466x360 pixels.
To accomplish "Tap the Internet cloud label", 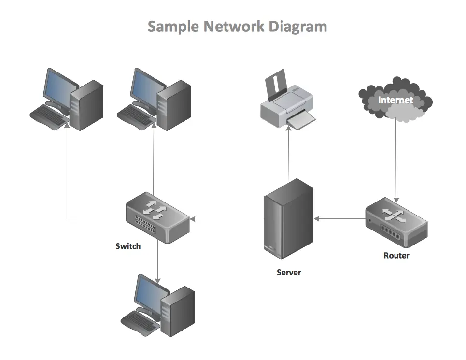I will click(x=395, y=100).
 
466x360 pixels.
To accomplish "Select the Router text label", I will click(x=396, y=255).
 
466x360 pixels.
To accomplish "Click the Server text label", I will click(x=289, y=272).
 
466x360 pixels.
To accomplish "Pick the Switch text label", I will click(x=128, y=246).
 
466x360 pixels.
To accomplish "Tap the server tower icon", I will click(x=289, y=222).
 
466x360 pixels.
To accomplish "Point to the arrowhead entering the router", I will click(x=396, y=199).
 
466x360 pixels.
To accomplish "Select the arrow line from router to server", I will click(x=340, y=219).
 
